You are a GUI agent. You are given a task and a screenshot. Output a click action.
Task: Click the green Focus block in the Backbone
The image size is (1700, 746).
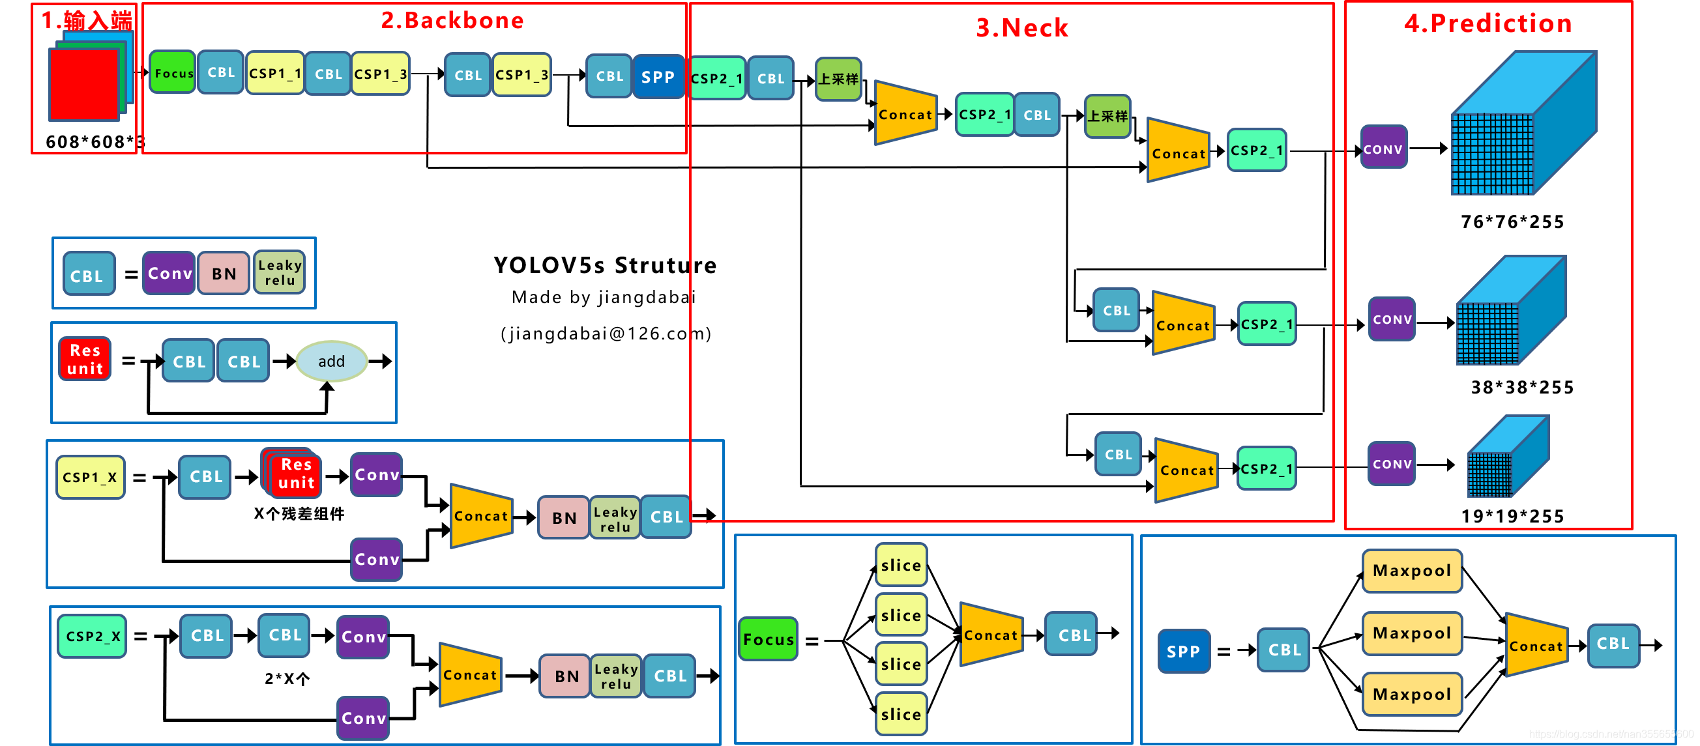point(173,72)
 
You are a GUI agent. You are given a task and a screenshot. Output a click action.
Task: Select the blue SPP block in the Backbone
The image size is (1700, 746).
point(657,76)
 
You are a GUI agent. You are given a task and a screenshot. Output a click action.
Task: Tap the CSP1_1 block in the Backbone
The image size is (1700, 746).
point(274,73)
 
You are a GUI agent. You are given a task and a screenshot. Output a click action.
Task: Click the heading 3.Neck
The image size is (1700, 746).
point(1021,28)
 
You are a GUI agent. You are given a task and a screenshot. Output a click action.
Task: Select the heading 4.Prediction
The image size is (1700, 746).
point(1487,23)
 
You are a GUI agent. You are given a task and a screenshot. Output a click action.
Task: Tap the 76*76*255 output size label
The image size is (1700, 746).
point(1512,222)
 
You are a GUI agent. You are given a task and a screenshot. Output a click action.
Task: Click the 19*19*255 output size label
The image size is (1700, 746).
point(1512,516)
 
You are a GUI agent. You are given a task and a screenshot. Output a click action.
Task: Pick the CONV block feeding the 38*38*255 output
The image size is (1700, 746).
point(1392,319)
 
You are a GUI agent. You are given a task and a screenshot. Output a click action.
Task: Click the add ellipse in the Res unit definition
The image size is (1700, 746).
point(331,362)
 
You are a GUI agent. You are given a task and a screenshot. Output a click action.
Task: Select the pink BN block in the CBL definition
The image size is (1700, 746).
point(224,273)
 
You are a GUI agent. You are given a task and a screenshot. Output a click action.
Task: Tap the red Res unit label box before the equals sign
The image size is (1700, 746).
point(85,360)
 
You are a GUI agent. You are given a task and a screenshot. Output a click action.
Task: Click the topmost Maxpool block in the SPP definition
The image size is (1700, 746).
point(1412,571)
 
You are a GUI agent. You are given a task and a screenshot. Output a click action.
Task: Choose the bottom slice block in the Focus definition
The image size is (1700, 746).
point(901,714)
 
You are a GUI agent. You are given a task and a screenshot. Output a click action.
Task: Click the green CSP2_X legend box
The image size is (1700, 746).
point(92,637)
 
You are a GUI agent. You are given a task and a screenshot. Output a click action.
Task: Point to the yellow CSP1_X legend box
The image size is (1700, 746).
point(90,477)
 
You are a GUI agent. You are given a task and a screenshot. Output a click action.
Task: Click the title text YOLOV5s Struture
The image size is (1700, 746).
point(604,265)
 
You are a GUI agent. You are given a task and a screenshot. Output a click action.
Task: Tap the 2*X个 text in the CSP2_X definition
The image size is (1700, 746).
point(287,678)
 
